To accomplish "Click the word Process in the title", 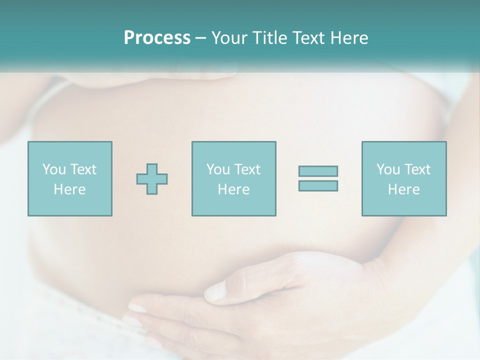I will (x=157, y=38).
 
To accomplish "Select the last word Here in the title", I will (x=349, y=38).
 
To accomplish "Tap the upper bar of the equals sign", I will (x=318, y=171).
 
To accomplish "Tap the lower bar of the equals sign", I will (x=318, y=185).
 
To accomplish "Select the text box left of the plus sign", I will (x=69, y=178).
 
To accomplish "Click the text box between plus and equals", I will (x=233, y=178).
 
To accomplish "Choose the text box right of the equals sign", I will (x=403, y=178).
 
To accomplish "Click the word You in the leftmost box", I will (x=54, y=169).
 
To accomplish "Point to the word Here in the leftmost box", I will (x=69, y=189).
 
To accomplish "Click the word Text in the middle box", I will (x=247, y=169).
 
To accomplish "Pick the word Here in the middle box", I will (x=233, y=189).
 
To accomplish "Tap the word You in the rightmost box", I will (x=388, y=169).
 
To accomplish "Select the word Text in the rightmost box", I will (x=417, y=169).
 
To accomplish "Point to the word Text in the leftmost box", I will (x=83, y=169).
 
